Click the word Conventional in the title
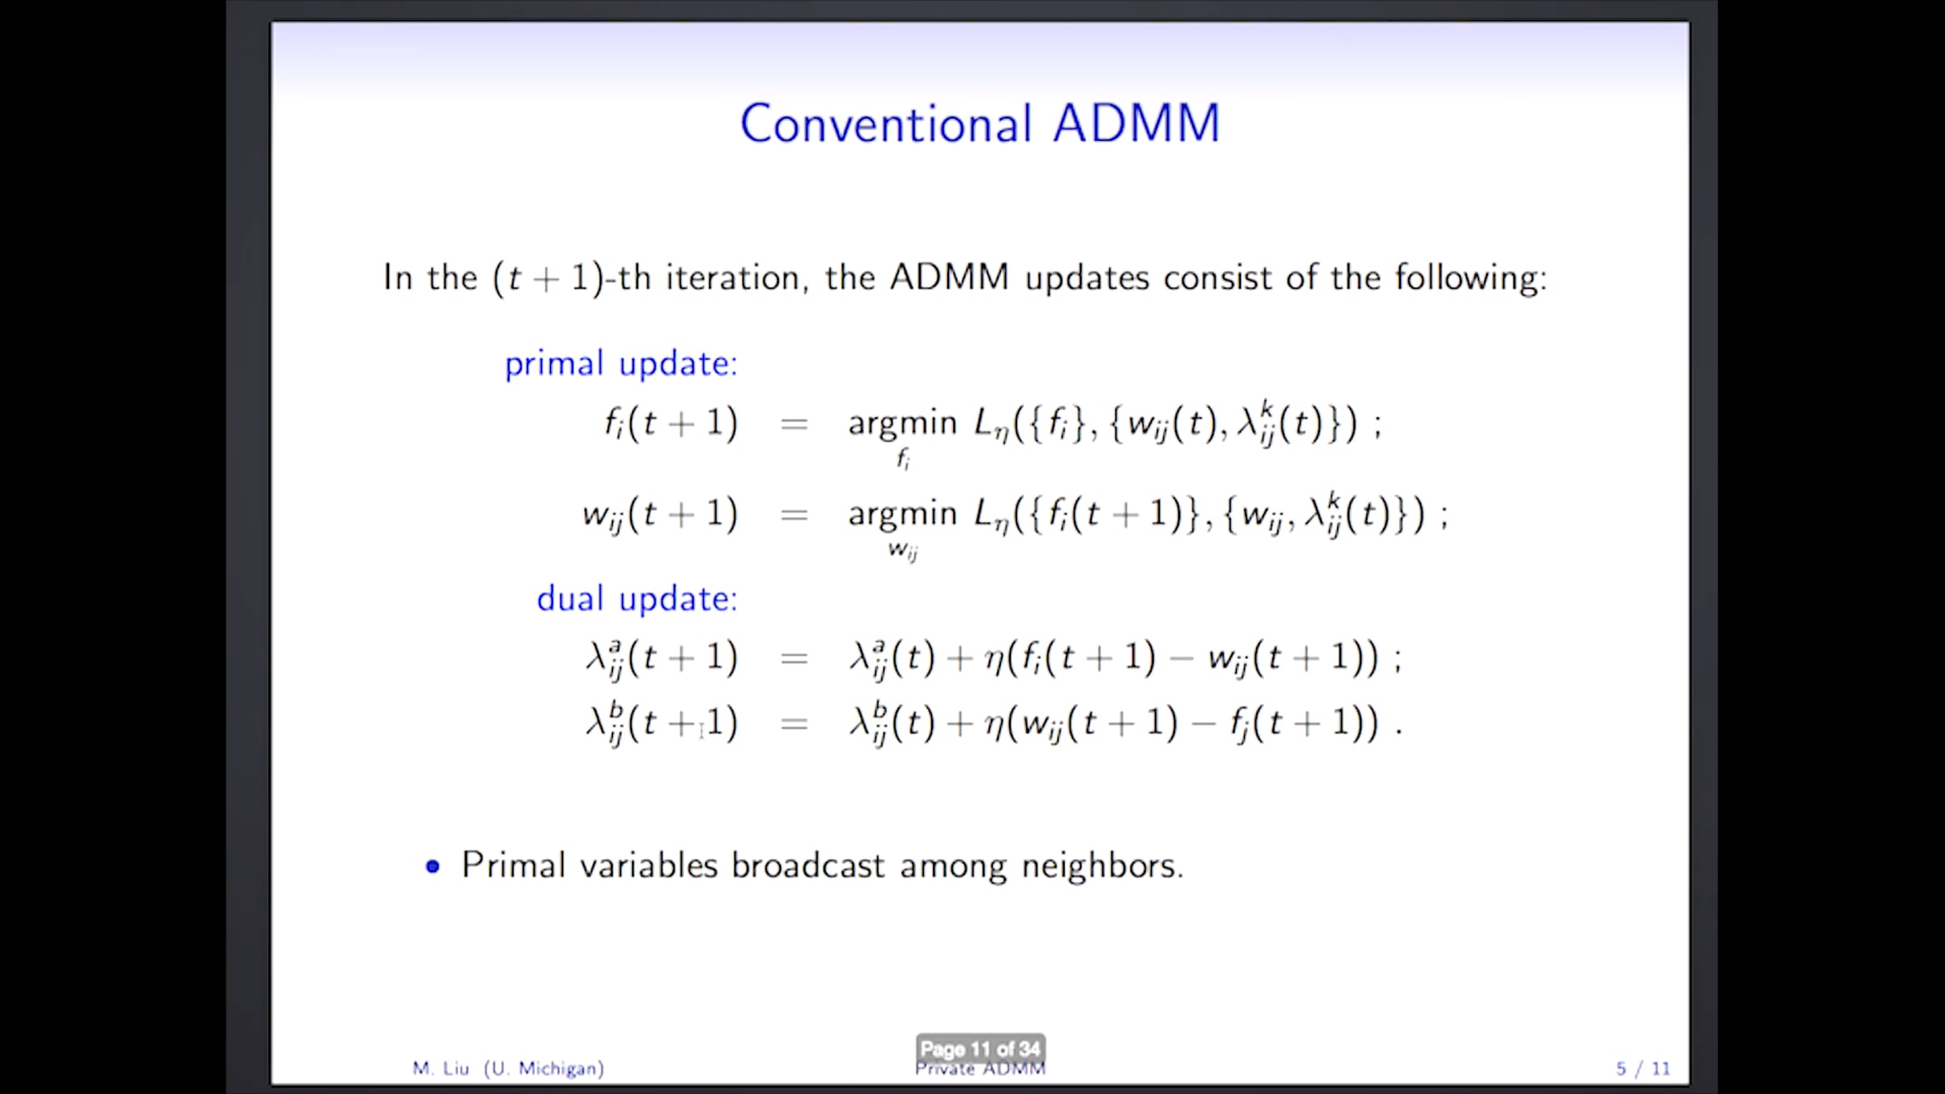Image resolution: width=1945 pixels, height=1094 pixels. (886, 124)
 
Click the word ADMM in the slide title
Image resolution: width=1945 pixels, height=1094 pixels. (1136, 124)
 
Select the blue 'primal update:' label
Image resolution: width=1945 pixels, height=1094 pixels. (621, 364)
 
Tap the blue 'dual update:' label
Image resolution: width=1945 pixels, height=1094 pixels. (637, 599)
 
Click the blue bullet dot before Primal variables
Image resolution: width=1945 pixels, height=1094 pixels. (433, 866)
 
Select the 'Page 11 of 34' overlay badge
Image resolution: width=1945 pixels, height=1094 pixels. (981, 1049)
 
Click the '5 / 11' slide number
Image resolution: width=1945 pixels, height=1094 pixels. (1644, 1068)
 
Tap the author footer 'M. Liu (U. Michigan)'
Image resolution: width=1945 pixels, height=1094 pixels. (508, 1068)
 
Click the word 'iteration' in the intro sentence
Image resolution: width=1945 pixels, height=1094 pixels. (732, 278)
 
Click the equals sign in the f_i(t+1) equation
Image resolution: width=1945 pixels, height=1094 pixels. (793, 424)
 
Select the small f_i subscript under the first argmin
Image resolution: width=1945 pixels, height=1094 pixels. (903, 459)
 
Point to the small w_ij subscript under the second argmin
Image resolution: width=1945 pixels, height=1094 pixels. (903, 551)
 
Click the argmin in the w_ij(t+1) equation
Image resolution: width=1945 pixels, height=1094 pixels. (902, 515)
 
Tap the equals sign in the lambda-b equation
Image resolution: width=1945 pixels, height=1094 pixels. (793, 724)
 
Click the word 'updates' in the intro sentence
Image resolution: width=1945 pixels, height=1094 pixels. (1087, 278)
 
